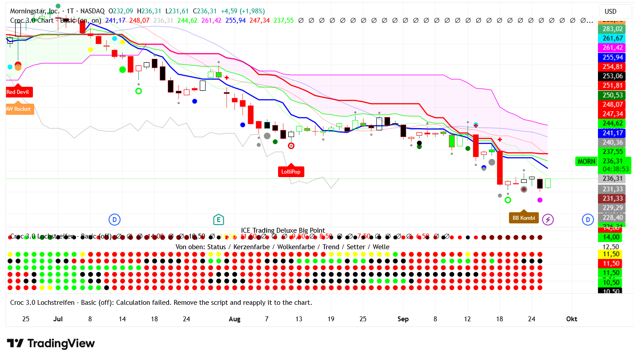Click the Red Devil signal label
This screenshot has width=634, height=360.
coord(17,92)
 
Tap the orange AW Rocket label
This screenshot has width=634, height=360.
coord(19,109)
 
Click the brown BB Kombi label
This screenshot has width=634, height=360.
coord(524,218)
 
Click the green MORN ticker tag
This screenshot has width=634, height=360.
coord(586,162)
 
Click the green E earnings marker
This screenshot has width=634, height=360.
coord(218,219)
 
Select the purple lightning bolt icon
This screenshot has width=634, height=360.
coord(548,219)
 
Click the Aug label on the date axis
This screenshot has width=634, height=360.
coord(234,319)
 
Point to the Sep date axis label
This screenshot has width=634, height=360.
coord(403,319)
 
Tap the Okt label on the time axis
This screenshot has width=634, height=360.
coord(572,319)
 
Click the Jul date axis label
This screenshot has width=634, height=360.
coord(58,319)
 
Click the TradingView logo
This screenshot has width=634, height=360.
coord(51,344)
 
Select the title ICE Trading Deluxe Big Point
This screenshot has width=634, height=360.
coord(283,231)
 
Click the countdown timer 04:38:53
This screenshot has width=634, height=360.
coord(616,169)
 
